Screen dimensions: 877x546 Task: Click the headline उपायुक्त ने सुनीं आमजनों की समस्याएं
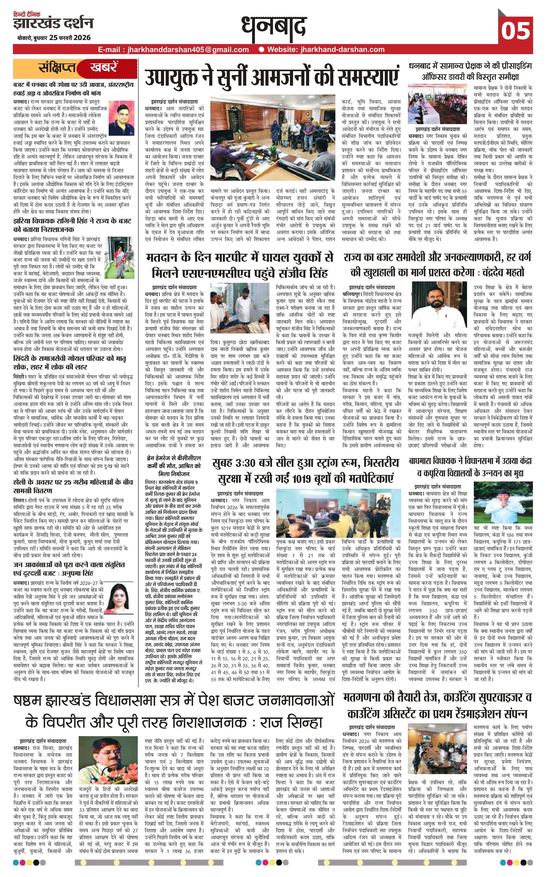pyautogui.click(x=273, y=76)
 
